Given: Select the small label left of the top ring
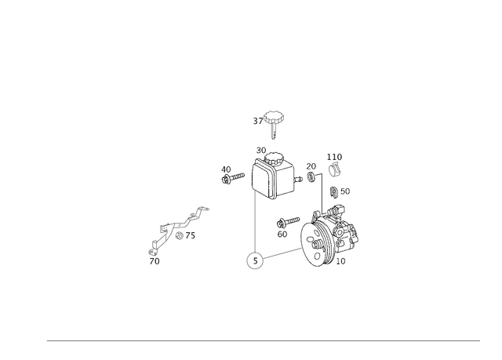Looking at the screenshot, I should click(256, 120).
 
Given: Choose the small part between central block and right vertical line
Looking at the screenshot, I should click(311, 171).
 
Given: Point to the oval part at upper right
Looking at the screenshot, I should click(335, 167).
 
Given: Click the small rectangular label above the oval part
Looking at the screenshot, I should click(335, 155).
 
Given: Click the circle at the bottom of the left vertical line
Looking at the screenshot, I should click(254, 260).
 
